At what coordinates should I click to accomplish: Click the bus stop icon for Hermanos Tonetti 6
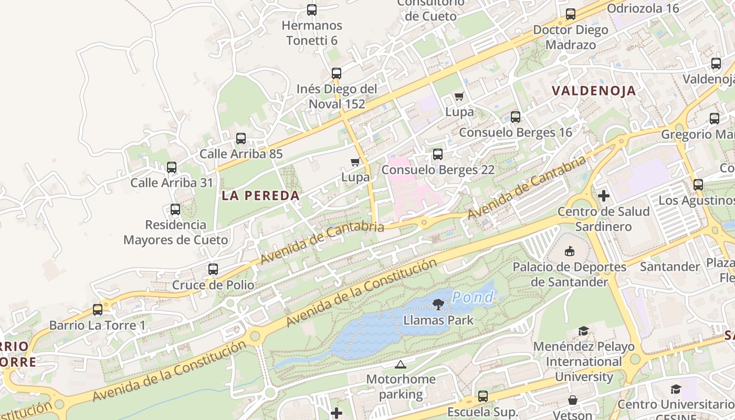312,10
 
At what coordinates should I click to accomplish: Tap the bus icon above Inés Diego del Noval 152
337,73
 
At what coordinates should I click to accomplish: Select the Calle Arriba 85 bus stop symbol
241,139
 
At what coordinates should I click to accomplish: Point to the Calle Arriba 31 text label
172,183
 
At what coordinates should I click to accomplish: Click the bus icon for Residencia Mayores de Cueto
175,209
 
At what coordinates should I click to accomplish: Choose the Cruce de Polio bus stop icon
213,269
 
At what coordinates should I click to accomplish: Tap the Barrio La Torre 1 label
97,325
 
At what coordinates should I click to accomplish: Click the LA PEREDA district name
260,196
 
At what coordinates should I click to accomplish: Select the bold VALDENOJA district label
594,91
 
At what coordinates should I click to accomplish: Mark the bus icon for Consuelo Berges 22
437,154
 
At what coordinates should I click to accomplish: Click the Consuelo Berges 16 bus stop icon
516,117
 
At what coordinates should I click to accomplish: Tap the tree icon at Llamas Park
438,304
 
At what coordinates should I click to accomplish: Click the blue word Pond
473,298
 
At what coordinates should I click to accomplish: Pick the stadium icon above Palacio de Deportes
570,251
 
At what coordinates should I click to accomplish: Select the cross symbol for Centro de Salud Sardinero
604,196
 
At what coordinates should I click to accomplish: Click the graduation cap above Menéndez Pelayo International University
583,331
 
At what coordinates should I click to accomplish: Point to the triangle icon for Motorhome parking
401,364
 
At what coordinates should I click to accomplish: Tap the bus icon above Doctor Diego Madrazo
571,14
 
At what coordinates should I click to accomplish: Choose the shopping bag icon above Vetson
573,400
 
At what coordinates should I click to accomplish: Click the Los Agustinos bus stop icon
698,185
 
